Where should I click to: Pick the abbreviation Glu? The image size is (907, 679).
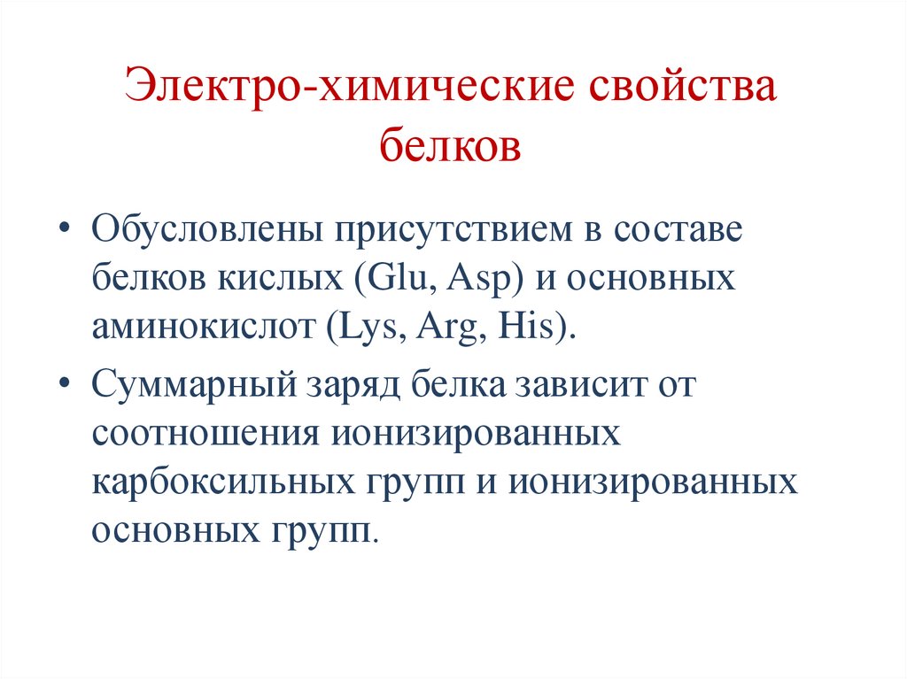tap(395, 279)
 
